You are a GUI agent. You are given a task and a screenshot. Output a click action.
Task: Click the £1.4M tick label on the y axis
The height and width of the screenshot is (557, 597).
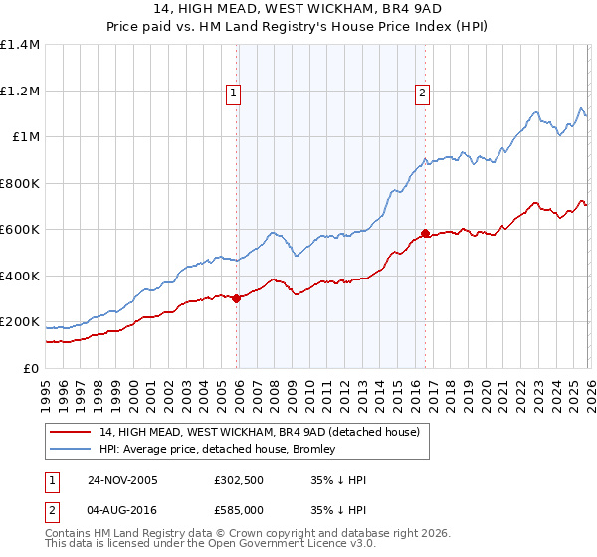point(20,45)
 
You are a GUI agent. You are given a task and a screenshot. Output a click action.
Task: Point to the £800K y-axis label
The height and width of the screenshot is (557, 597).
point(20,183)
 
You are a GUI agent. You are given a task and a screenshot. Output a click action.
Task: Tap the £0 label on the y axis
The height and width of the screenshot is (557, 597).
point(32,368)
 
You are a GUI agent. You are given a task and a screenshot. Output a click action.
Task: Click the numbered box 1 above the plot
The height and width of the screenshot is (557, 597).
point(233,94)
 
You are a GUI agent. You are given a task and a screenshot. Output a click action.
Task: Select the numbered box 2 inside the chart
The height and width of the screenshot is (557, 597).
point(422,94)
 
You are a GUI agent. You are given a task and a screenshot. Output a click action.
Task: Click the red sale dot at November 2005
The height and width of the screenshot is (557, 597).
point(237,298)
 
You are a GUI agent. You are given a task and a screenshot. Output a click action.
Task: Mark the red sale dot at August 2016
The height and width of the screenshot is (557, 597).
point(425,233)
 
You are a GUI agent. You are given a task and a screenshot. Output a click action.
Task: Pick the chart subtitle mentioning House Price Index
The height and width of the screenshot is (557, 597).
point(298,27)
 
